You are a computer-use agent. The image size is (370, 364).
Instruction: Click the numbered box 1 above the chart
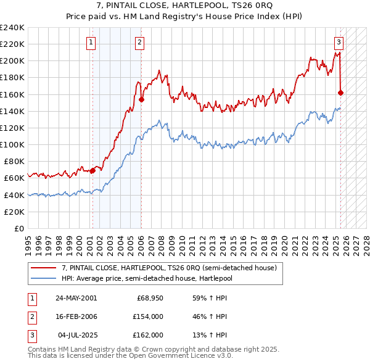[91, 43]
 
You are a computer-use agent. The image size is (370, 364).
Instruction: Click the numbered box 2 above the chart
[140, 43]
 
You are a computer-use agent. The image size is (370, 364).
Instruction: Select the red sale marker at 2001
[92, 170]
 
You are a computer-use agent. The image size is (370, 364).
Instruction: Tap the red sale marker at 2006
[141, 99]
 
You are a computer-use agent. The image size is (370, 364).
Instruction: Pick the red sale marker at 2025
[341, 93]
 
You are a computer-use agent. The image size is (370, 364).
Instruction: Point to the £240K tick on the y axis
[12, 28]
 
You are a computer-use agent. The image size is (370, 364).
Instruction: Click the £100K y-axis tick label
[12, 144]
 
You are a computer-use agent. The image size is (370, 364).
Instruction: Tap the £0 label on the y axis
[18, 228]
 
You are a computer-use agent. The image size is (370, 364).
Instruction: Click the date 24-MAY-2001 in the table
[76, 298]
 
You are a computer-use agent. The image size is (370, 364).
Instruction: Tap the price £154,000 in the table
[149, 316]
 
